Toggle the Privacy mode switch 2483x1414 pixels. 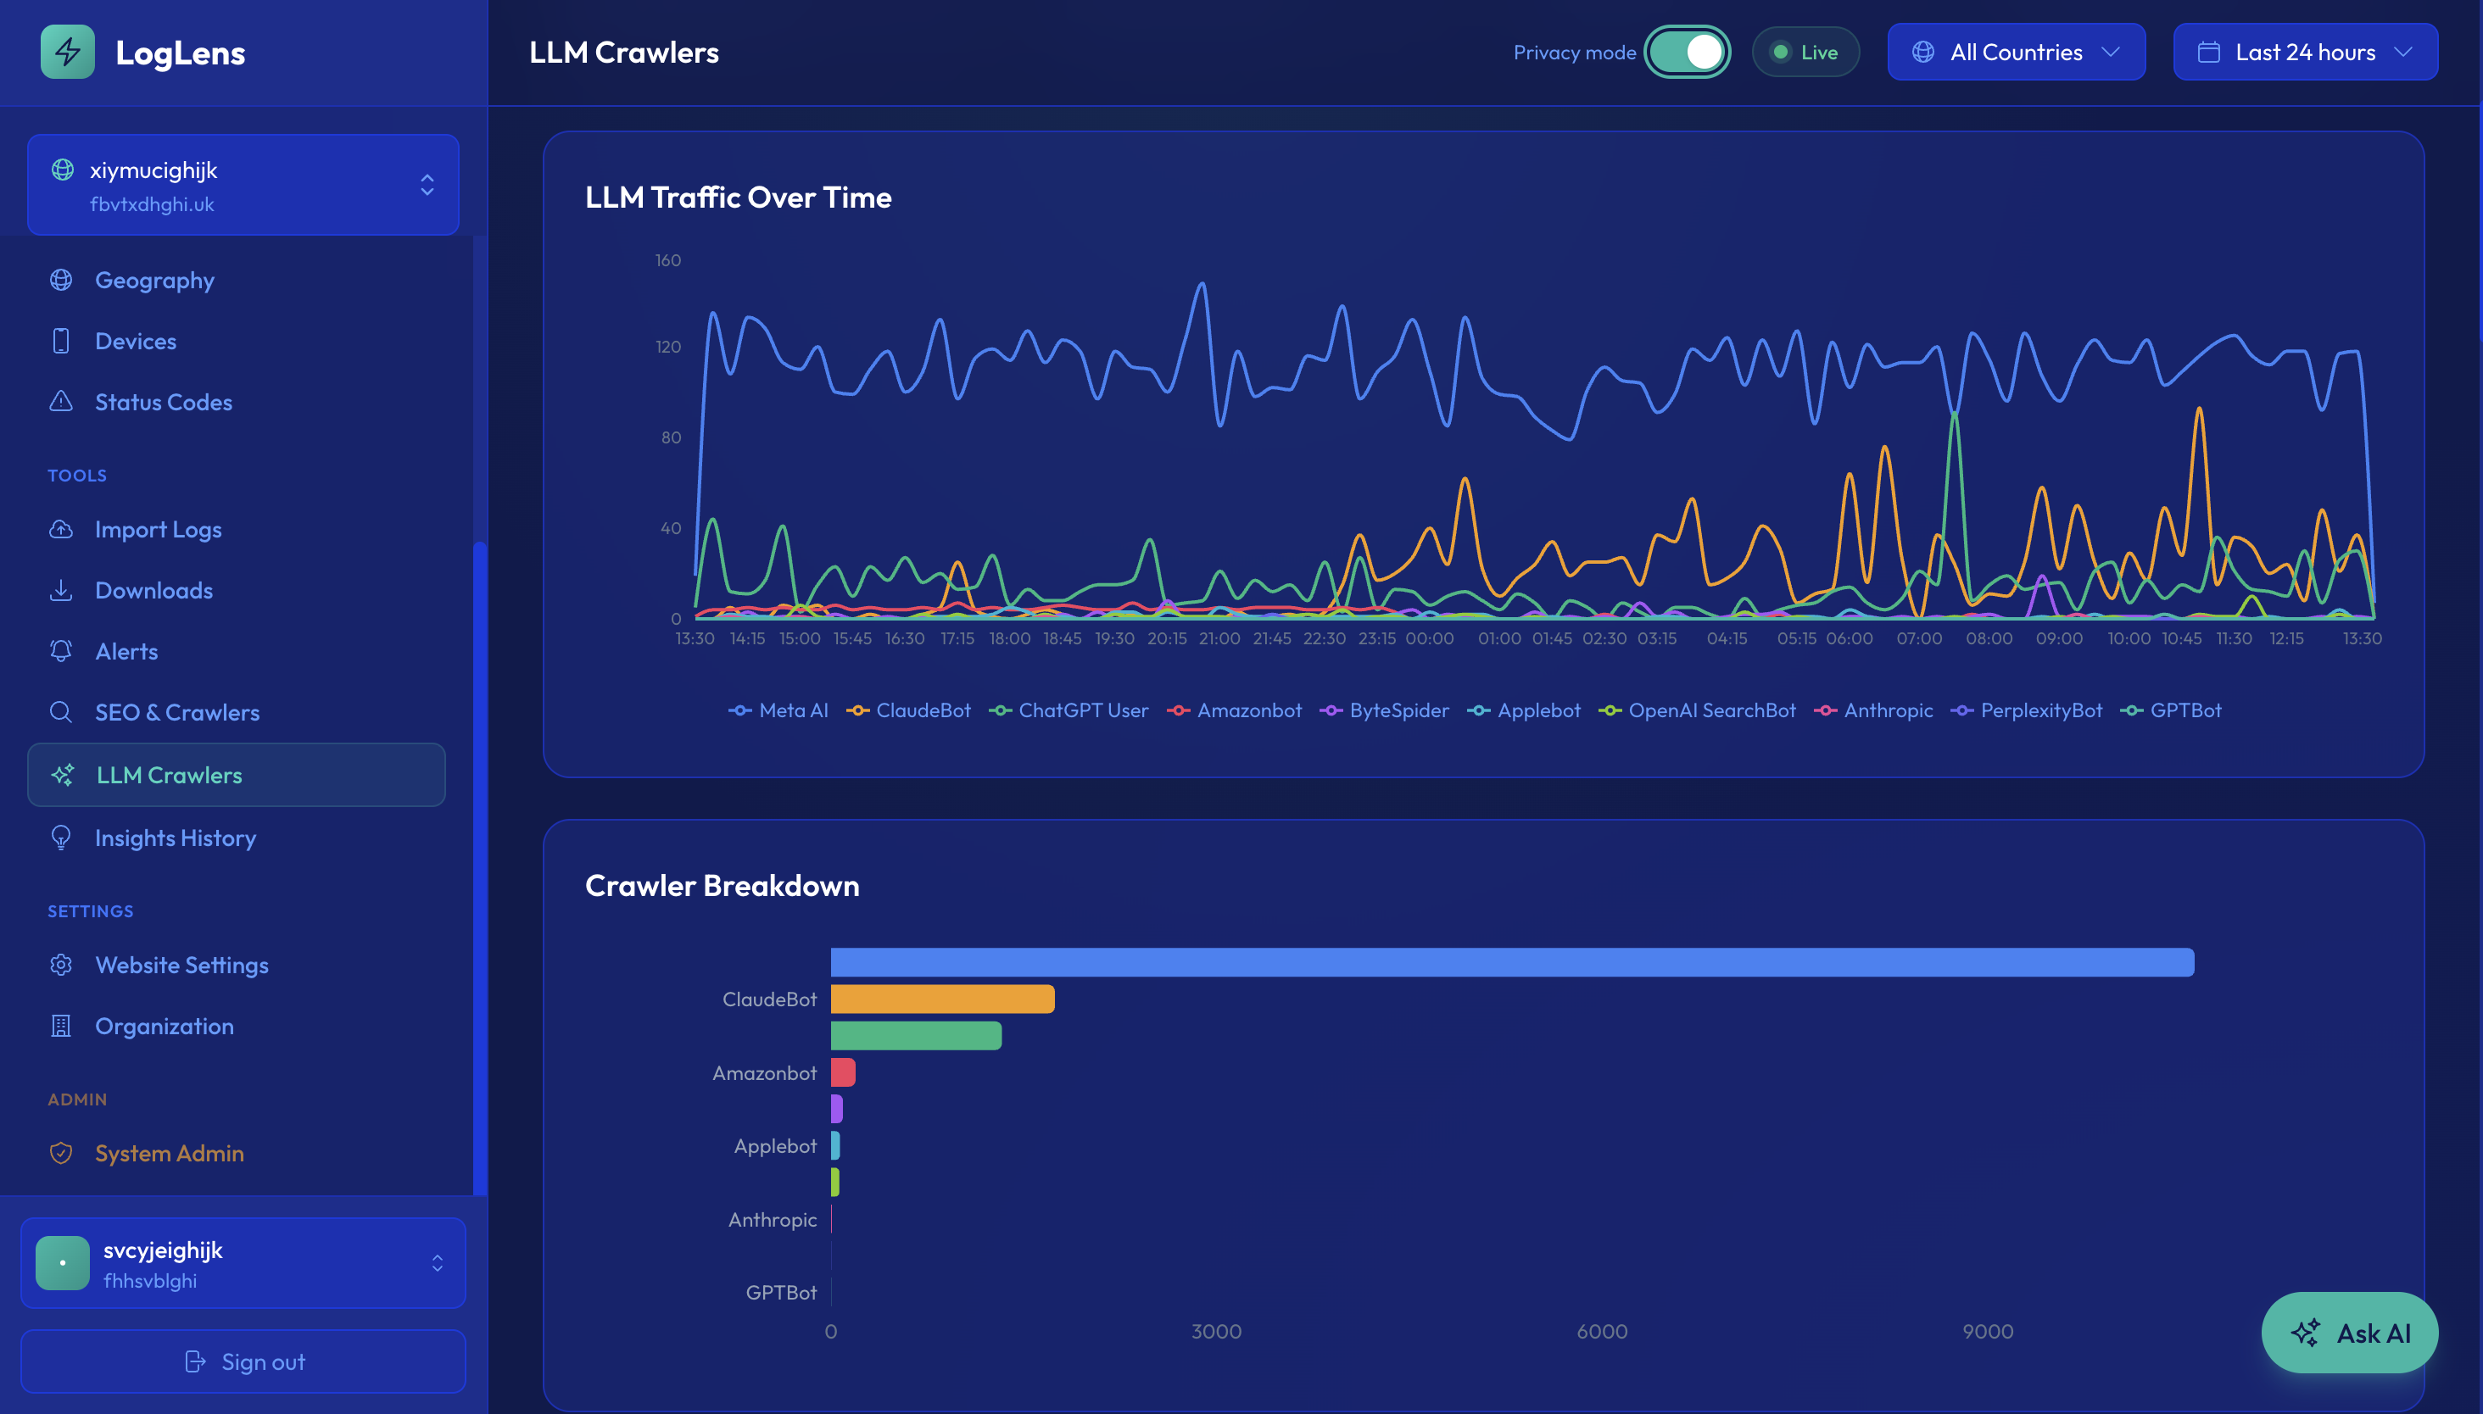[1688, 53]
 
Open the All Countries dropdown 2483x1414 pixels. [2016, 53]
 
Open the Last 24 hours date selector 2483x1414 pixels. [2304, 53]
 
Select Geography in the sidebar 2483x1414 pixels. [154, 281]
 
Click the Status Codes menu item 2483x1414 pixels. [163, 402]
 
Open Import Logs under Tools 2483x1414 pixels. [159, 529]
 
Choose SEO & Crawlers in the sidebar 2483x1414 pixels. [176, 712]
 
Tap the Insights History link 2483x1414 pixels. [175, 838]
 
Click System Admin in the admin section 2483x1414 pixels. [169, 1153]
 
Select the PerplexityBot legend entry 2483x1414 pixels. [2027, 711]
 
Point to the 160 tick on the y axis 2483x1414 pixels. [667, 260]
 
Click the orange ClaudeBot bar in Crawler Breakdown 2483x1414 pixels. [941, 999]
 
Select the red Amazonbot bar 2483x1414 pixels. [842, 1072]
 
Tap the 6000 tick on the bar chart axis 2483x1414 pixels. [1601, 1332]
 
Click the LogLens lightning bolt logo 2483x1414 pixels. [68, 53]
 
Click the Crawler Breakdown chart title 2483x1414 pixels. [722, 886]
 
